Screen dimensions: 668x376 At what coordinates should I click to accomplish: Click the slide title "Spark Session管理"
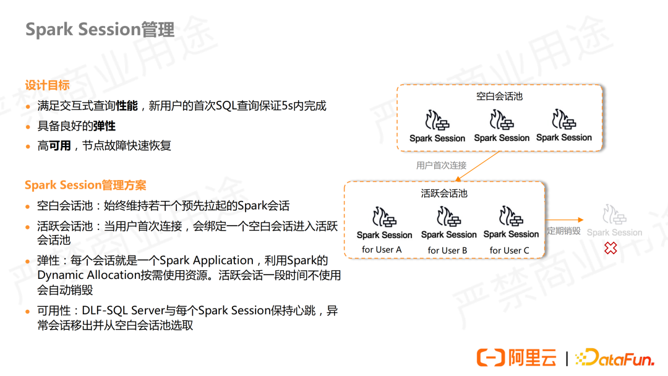(x=100, y=30)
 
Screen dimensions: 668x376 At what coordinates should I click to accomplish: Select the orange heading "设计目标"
(x=47, y=85)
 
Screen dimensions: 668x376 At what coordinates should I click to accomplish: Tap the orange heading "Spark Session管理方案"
(x=85, y=185)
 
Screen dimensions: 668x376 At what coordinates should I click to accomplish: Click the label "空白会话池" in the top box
(x=499, y=96)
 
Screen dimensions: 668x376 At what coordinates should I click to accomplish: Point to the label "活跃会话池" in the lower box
(x=444, y=193)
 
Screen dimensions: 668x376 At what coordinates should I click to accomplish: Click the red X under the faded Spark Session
(x=610, y=248)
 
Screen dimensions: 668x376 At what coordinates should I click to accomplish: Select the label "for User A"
(x=382, y=249)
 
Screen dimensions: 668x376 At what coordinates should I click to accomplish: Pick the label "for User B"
(x=447, y=250)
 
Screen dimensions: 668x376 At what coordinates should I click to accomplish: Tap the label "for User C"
(x=510, y=250)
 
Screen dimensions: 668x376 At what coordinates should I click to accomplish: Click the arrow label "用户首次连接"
(x=441, y=166)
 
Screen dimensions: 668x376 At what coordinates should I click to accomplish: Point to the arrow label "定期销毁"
(x=563, y=231)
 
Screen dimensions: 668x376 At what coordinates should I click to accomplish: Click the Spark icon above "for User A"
(x=384, y=218)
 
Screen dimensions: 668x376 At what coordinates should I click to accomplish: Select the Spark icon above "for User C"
(x=512, y=217)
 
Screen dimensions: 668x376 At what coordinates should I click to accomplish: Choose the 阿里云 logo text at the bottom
(x=532, y=357)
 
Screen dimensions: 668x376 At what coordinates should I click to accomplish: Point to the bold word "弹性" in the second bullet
(x=104, y=126)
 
